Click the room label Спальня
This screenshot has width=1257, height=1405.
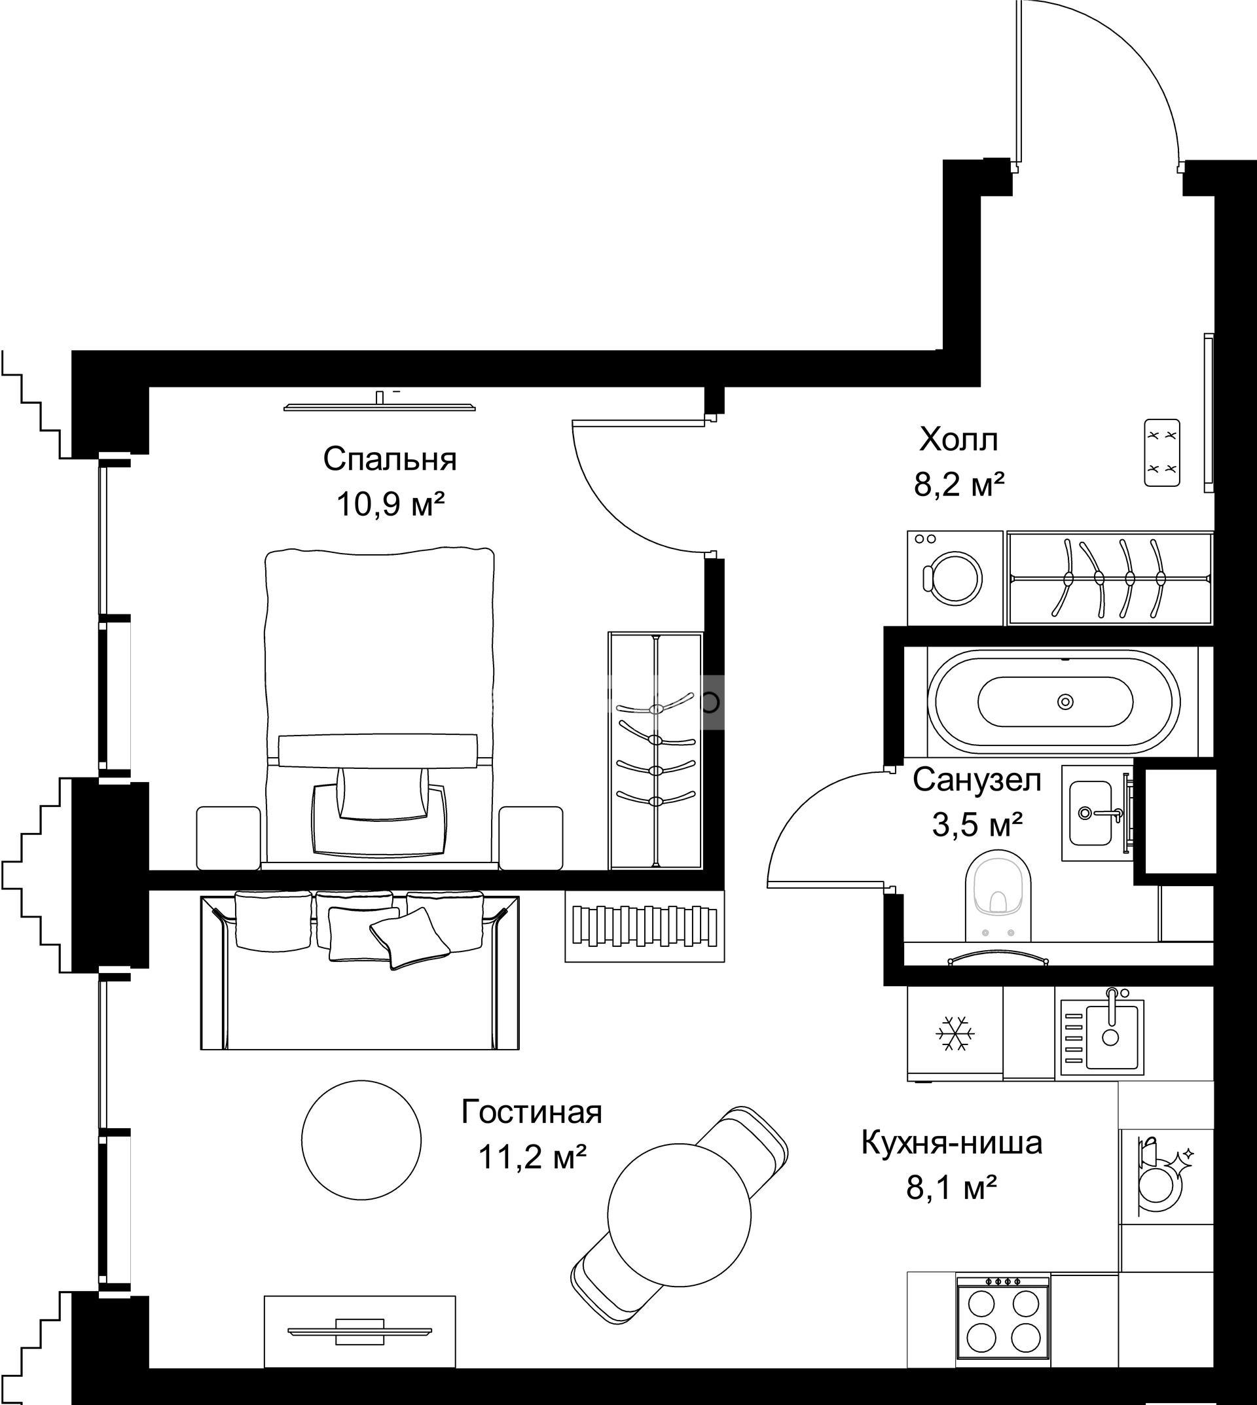[390, 460]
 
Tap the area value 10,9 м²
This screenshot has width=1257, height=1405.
[390, 505]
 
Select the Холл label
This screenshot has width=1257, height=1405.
[958, 439]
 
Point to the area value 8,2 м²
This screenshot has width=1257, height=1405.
[958, 485]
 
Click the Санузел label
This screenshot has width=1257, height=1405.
[977, 781]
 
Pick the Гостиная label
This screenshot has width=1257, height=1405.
[532, 1112]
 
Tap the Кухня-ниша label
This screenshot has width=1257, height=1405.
[952, 1143]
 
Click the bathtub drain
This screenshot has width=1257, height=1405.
[1066, 702]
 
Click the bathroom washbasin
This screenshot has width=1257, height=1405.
[1093, 813]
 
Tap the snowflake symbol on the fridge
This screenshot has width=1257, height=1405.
[955, 1033]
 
